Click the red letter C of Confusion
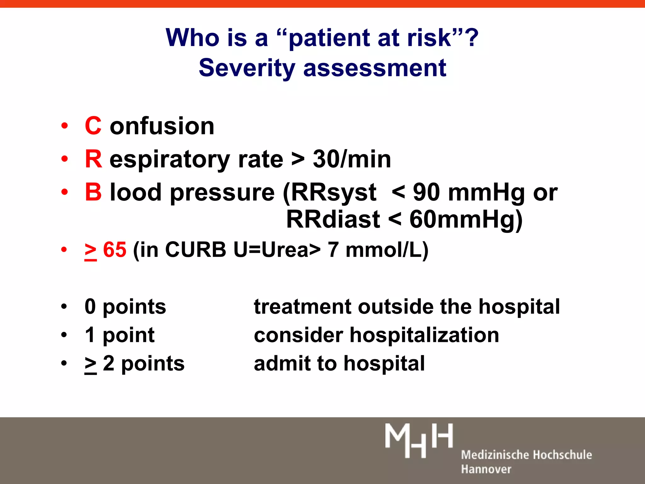pyautogui.click(x=93, y=126)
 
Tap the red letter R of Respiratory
pyautogui.click(x=94, y=159)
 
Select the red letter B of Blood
pyautogui.click(x=94, y=192)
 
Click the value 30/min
pyautogui.click(x=352, y=159)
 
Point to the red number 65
pyautogui.click(x=115, y=250)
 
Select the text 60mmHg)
pyautogui.click(x=466, y=219)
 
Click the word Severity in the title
pyautogui.click(x=247, y=68)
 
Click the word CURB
pyautogui.click(x=196, y=250)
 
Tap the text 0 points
pyautogui.click(x=125, y=307)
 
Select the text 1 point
pyautogui.click(x=120, y=335)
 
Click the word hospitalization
pyautogui.click(x=424, y=335)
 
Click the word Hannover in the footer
pyautogui.click(x=486, y=469)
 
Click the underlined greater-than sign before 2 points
pyautogui.click(x=91, y=365)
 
